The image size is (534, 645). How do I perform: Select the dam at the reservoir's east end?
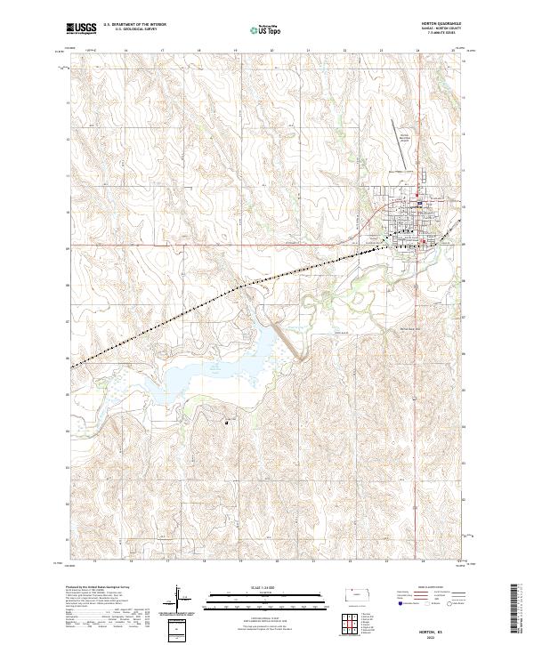tap(289, 342)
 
